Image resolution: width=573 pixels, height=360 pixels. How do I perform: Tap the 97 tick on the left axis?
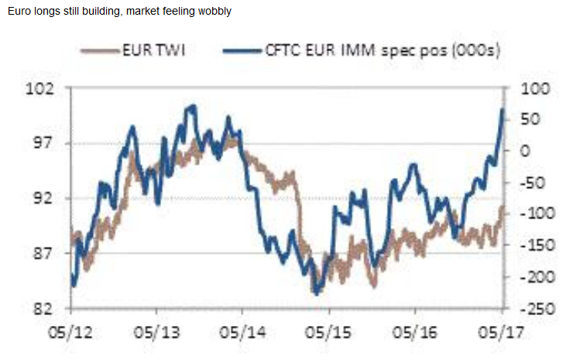click(55, 143)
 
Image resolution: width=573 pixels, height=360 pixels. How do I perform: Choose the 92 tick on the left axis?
click(55, 198)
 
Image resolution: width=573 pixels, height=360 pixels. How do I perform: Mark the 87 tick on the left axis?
click(55, 254)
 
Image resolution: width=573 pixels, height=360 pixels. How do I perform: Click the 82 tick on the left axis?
click(55, 309)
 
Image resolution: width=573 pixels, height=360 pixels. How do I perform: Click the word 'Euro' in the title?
click(17, 12)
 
